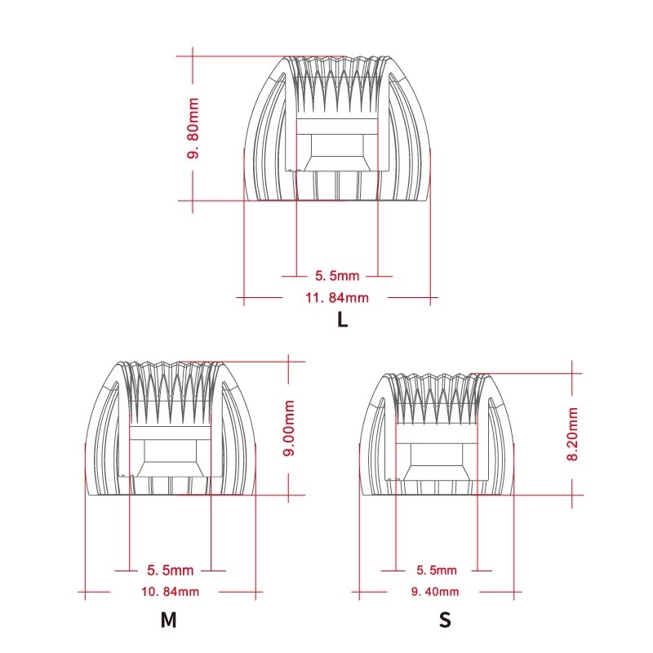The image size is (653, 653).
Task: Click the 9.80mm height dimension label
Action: coord(193,128)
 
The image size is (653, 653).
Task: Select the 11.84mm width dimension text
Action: coord(337,298)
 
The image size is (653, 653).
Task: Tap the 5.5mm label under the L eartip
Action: coord(337,276)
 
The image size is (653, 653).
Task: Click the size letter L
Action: coord(342,320)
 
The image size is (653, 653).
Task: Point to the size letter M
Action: coord(169,620)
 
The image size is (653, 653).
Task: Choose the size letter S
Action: coord(445,620)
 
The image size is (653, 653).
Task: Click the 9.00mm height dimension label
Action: coord(289,428)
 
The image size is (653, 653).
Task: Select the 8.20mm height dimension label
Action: coord(573,434)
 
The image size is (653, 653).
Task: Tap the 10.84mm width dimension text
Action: coord(170,591)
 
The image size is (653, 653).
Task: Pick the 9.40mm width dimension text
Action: coord(435,591)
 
